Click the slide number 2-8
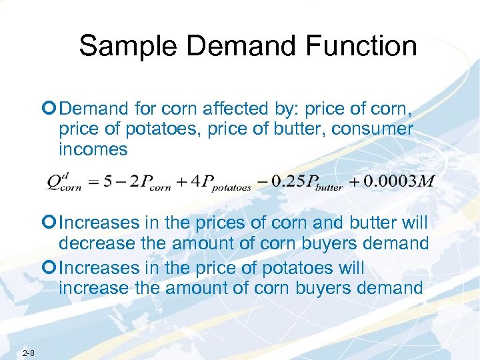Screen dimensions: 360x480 click(28, 352)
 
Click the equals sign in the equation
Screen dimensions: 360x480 click(92, 182)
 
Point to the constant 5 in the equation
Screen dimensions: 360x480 click(107, 181)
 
